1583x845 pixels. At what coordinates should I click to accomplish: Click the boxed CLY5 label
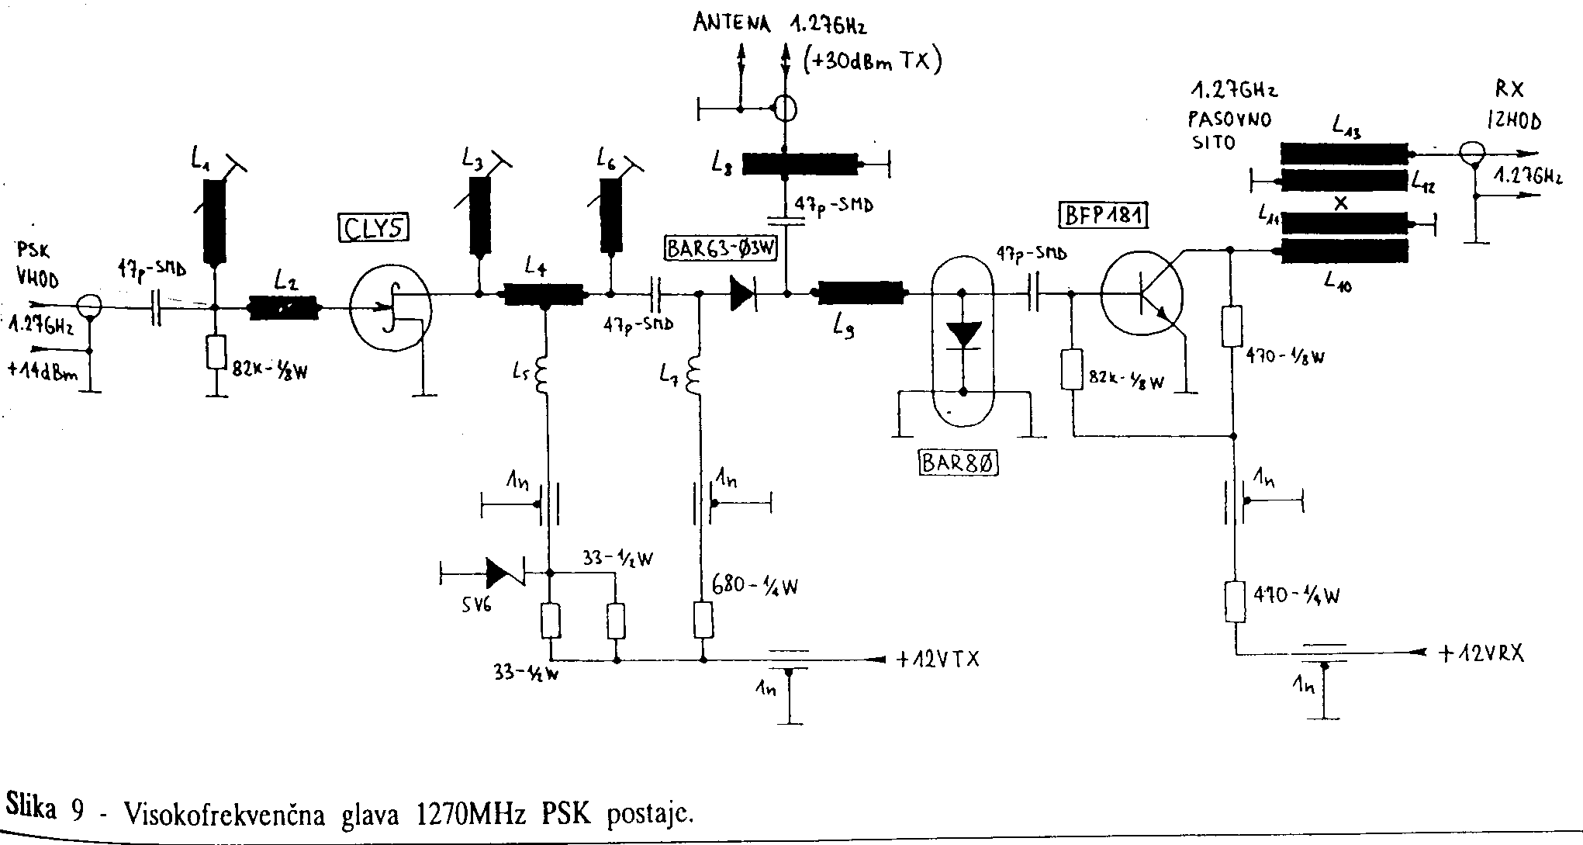(x=374, y=228)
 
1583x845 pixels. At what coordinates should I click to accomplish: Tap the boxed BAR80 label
(x=959, y=463)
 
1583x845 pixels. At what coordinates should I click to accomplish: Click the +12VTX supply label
(x=938, y=660)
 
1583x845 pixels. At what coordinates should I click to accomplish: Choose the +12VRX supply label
(x=1481, y=654)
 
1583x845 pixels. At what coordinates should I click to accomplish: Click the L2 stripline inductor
(x=284, y=308)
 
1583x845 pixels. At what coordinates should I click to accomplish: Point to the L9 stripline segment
(x=859, y=293)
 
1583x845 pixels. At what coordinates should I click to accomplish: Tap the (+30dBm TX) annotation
(x=872, y=60)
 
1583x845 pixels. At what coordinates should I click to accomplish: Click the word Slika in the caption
(x=31, y=809)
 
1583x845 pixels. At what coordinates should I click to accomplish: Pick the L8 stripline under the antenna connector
(x=800, y=164)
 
